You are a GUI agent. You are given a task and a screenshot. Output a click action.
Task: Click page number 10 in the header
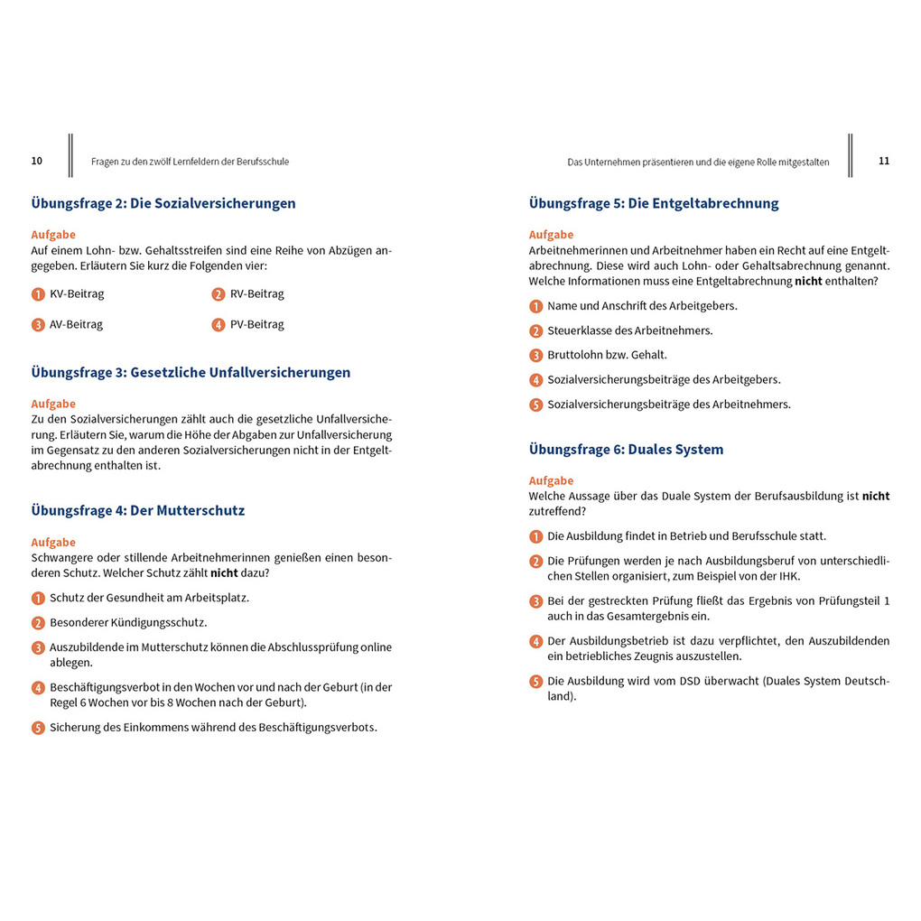pyautogui.click(x=37, y=161)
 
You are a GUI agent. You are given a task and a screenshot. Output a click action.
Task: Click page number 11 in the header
pyautogui.click(x=884, y=161)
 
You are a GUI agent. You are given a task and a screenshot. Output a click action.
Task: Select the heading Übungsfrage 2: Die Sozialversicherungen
pyautogui.click(x=163, y=203)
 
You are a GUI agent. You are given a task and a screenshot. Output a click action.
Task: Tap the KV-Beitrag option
pyautogui.click(x=77, y=294)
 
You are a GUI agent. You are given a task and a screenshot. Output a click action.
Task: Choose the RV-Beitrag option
pyautogui.click(x=257, y=294)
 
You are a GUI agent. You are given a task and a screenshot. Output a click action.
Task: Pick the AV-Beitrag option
pyautogui.click(x=76, y=325)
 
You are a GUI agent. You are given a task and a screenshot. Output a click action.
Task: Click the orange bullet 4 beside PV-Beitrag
pyautogui.click(x=219, y=325)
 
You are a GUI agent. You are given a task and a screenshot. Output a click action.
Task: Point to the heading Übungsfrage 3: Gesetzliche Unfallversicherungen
pyautogui.click(x=191, y=372)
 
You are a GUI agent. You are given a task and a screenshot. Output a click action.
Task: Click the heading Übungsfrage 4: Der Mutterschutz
pyautogui.click(x=138, y=510)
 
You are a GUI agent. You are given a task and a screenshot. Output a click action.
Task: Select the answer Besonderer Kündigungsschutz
pyautogui.click(x=128, y=623)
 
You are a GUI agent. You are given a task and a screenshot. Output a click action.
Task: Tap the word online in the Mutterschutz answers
pyautogui.click(x=376, y=647)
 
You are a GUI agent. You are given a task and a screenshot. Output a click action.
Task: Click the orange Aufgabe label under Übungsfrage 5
pyautogui.click(x=551, y=235)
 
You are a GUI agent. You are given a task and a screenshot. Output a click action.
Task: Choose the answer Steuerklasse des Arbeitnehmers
pyautogui.click(x=629, y=330)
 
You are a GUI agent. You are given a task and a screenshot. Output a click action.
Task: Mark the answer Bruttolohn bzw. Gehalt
pyautogui.click(x=607, y=355)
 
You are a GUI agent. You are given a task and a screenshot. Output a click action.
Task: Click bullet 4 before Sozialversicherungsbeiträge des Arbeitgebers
pyautogui.click(x=535, y=380)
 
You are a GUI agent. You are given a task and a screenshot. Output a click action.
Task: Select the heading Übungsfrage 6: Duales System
pyautogui.click(x=626, y=449)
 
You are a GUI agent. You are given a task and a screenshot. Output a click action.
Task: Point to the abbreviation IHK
pyautogui.click(x=788, y=576)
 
